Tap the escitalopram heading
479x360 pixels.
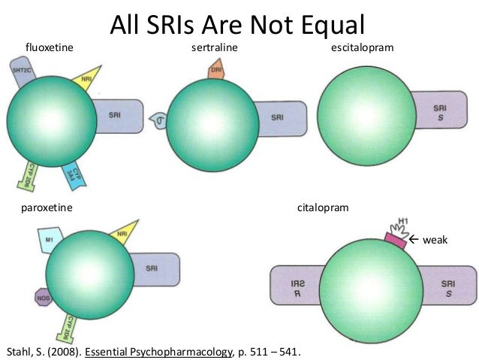362,49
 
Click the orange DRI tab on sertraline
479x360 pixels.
215,70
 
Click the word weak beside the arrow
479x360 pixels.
435,240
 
